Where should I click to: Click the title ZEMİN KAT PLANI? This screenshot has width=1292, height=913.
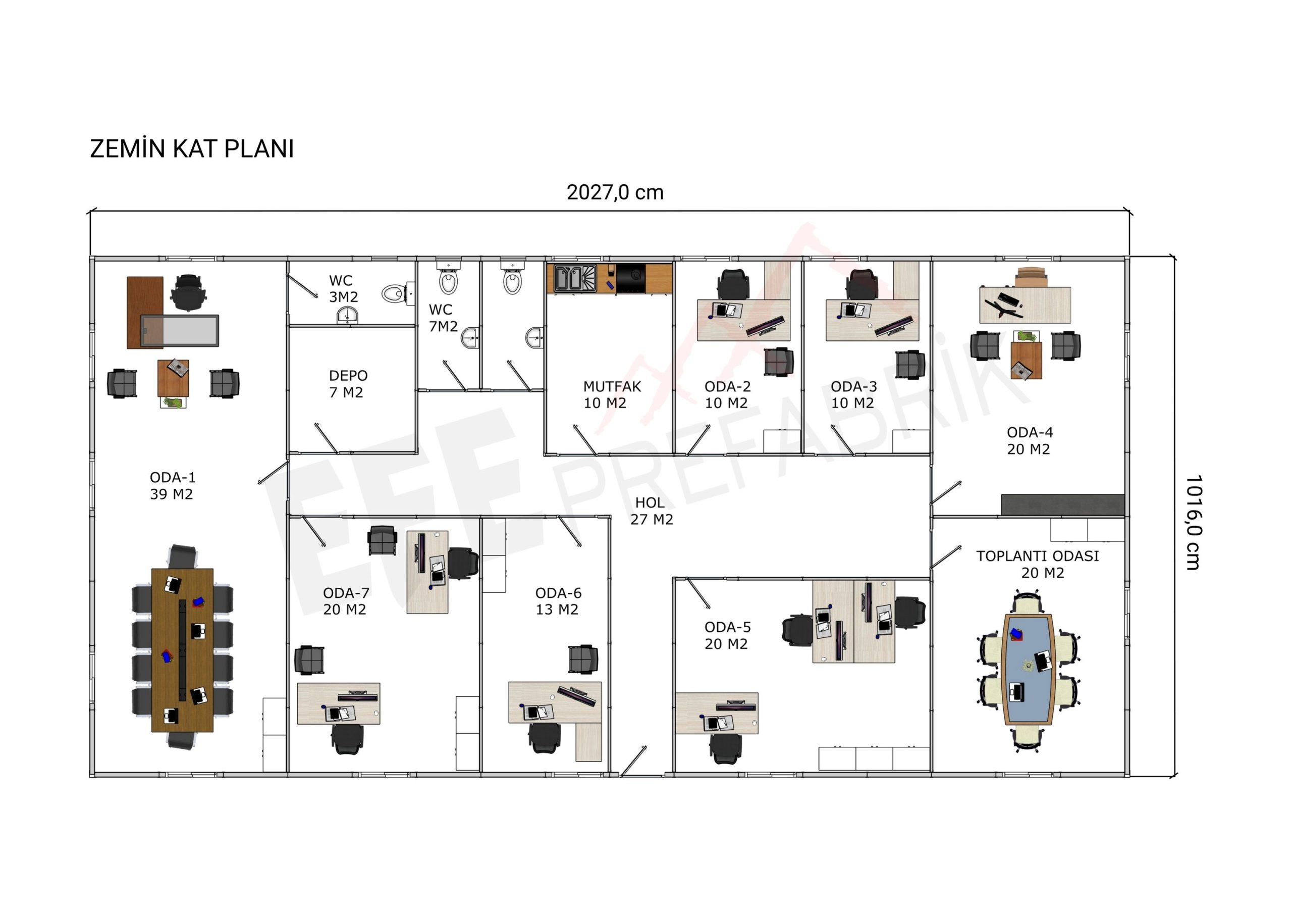[192, 148]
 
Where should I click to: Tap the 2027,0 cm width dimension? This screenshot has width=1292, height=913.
[615, 192]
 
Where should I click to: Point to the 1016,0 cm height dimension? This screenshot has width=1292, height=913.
[1194, 522]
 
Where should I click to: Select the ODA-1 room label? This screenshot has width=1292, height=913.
[172, 478]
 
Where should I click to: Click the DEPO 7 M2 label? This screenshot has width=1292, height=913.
[348, 384]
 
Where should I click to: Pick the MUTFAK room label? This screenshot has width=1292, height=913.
[612, 387]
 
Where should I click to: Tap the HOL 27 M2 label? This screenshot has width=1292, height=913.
[651, 511]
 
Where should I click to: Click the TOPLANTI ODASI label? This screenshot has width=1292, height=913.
[1037, 556]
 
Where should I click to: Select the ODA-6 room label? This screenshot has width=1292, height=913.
[558, 593]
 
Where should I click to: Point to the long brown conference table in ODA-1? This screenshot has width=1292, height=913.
[182, 650]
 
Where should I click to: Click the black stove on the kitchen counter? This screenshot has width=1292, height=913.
[631, 279]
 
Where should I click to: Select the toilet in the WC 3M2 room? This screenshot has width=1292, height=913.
[398, 293]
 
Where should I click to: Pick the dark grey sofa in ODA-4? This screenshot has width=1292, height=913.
[1062, 504]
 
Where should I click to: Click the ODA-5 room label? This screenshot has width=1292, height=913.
[727, 627]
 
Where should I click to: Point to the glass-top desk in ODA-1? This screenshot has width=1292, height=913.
[180, 330]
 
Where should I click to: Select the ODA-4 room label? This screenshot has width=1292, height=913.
[1029, 432]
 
